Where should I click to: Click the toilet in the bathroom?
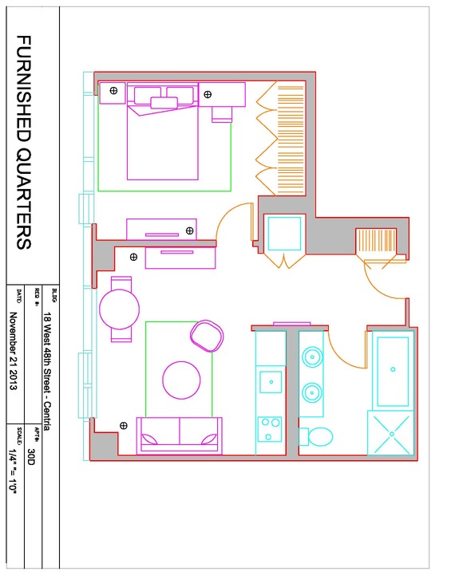[x=315, y=436]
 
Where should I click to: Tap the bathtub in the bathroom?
[x=393, y=371]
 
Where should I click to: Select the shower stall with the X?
[x=390, y=434]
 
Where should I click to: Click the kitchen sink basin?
[x=271, y=382]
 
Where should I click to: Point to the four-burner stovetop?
[x=270, y=429]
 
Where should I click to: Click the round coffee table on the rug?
[x=181, y=380]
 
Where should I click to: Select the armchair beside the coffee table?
[x=207, y=336]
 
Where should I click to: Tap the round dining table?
[x=120, y=309]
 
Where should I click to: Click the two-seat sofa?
[x=180, y=435]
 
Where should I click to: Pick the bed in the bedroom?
[x=163, y=132]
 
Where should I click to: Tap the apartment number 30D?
[x=31, y=456]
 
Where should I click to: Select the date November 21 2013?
[x=14, y=351]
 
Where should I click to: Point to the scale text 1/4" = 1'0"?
[x=14, y=471]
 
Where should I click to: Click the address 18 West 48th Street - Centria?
[x=47, y=371]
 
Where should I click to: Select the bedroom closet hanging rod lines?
[x=291, y=140]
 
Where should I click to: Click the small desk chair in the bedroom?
[x=222, y=115]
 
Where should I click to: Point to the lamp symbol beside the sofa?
[x=124, y=426]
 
